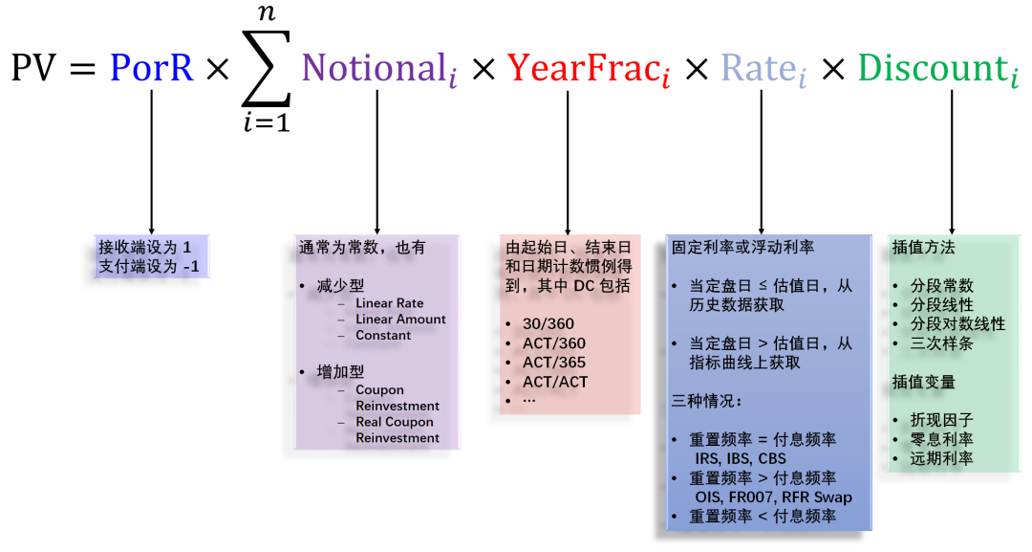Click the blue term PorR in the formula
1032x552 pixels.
point(151,67)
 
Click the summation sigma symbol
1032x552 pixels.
point(266,69)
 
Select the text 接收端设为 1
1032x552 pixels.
point(144,247)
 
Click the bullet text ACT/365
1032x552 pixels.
point(553,363)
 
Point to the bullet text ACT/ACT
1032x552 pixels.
point(554,382)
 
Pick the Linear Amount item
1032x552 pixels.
point(400,320)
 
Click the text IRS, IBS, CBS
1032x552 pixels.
point(741,458)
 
